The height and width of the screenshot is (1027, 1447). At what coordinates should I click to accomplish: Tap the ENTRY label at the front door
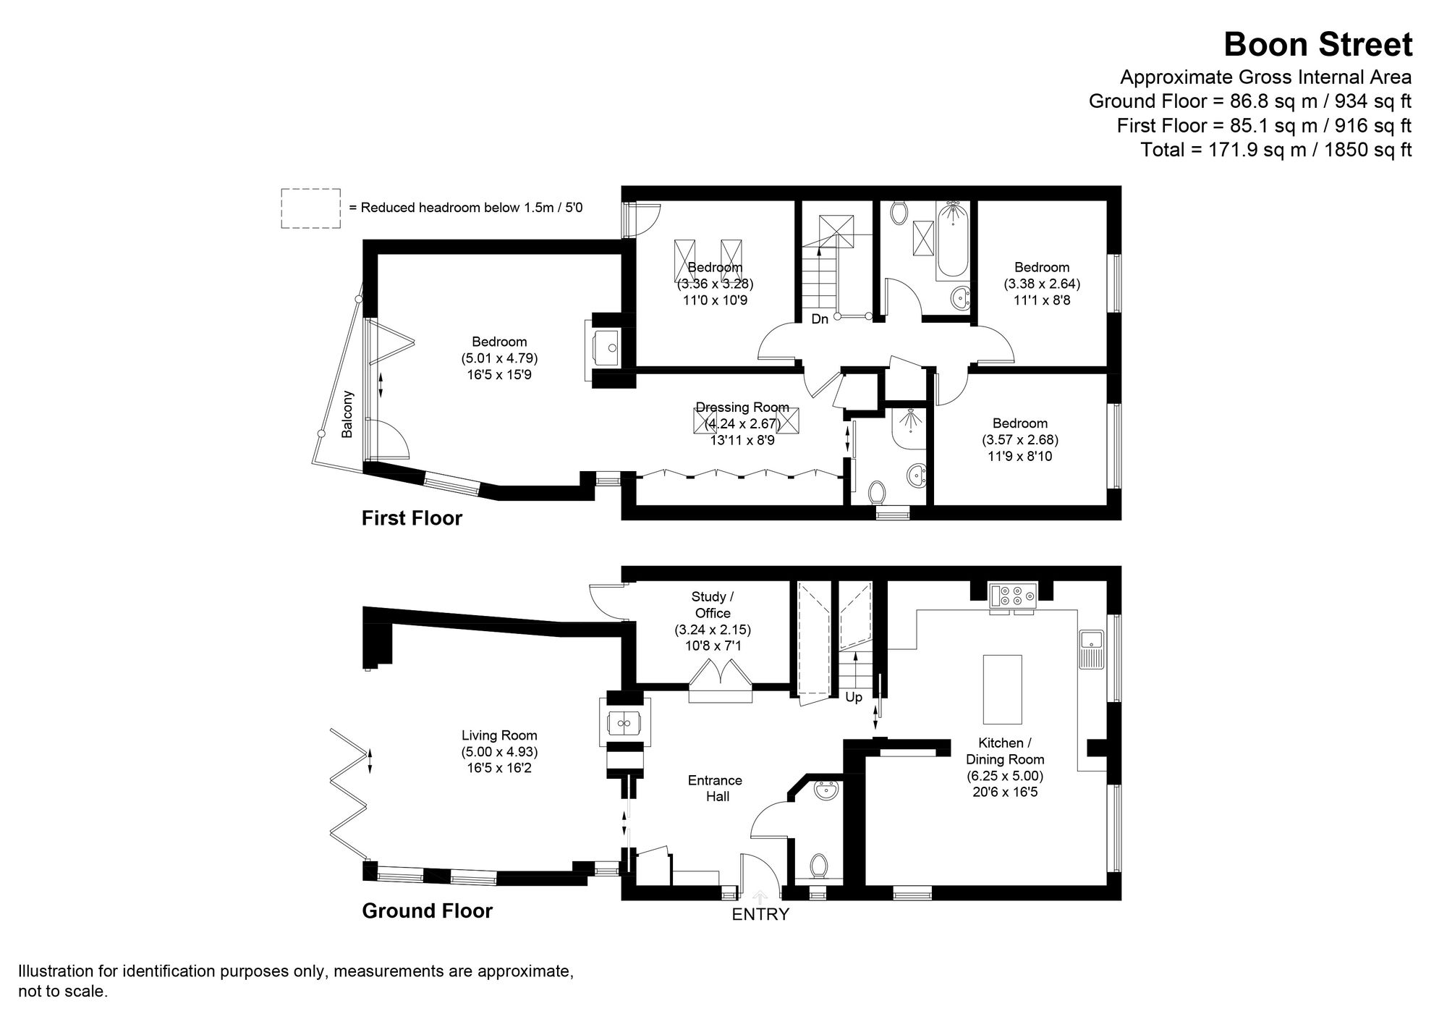point(760,914)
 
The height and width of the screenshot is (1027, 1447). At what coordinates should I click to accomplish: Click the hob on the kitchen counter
point(1012,594)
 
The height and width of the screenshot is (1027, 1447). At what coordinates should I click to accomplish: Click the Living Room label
point(499,736)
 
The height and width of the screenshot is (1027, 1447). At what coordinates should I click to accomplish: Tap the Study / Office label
point(713,604)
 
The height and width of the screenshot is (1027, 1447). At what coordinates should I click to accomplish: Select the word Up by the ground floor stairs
point(854,698)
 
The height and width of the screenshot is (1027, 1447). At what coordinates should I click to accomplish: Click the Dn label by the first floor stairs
point(819,319)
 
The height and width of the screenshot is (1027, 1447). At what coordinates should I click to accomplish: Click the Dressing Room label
point(742,407)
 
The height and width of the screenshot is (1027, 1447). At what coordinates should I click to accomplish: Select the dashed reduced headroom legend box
point(310,208)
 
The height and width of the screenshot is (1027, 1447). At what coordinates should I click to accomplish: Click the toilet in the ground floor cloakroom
point(818,865)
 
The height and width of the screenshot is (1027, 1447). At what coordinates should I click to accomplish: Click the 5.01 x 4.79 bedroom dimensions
point(499,358)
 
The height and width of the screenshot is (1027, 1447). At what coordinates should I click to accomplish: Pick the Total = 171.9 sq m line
point(1276,150)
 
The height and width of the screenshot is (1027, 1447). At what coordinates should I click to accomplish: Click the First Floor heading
point(411,518)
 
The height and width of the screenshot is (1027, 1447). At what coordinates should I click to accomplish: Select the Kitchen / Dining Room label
point(1005,751)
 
